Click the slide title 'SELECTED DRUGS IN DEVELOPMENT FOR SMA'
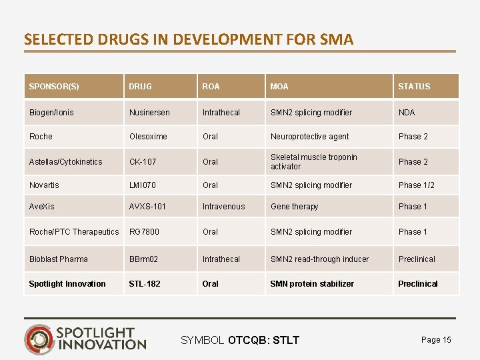tap(189, 39)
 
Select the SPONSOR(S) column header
tap(54, 87)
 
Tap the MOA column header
tap(279, 87)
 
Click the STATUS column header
tap(414, 87)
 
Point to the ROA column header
tap(211, 87)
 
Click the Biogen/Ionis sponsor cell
tap(51, 113)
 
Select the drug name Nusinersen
tap(149, 113)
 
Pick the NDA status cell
tap(407, 113)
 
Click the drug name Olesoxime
tap(149, 137)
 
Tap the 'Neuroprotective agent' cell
tap(309, 137)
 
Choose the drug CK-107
tap(143, 162)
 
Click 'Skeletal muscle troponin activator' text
tap(313, 162)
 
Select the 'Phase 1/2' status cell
tap(416, 185)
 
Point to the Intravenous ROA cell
tap(223, 207)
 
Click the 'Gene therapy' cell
tap(294, 207)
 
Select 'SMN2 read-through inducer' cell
tap(319, 259)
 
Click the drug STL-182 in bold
tap(145, 284)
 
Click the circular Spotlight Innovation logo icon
tap(38, 338)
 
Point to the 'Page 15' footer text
tap(436, 340)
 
